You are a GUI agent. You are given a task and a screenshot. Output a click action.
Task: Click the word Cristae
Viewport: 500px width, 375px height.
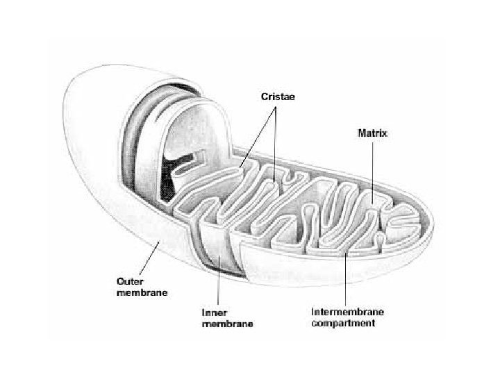point(278,97)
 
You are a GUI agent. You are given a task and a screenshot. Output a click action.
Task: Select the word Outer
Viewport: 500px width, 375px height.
point(128,283)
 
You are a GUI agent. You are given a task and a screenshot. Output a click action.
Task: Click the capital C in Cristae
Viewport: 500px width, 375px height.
point(263,97)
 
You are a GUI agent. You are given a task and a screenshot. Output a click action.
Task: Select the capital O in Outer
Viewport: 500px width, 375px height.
point(119,283)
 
